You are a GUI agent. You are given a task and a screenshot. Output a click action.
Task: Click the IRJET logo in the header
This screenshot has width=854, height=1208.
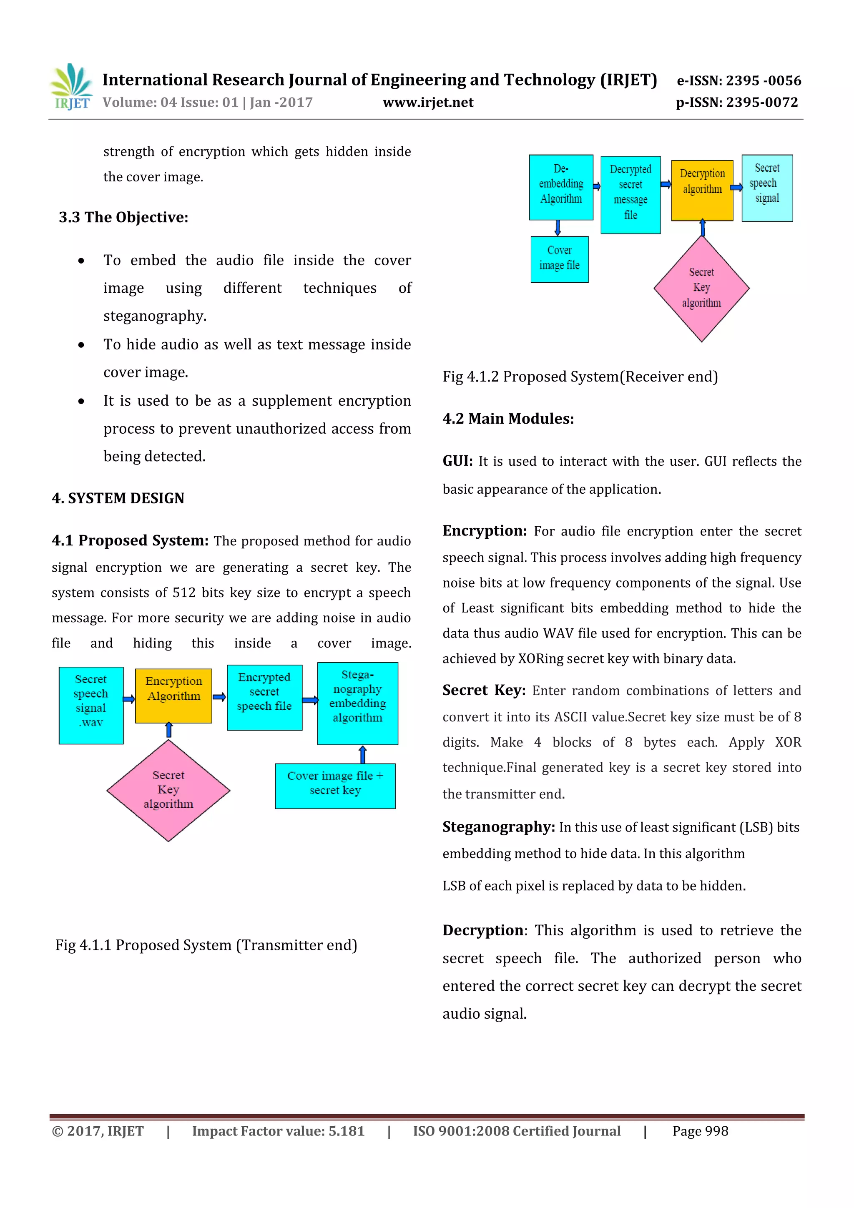[x=71, y=87]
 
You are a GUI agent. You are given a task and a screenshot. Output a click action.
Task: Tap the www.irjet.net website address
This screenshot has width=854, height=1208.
[x=428, y=103]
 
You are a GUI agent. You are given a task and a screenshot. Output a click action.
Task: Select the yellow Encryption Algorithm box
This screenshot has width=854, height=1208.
[x=173, y=696]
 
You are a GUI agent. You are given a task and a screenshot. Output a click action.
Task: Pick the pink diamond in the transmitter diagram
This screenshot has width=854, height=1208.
[x=168, y=790]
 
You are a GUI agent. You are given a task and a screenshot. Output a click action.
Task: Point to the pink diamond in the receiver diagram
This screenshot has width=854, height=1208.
[x=701, y=288]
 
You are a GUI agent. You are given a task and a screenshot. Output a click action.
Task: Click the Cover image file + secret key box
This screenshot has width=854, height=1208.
[x=335, y=786]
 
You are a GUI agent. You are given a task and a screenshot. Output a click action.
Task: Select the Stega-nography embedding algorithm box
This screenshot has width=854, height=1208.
[x=358, y=703]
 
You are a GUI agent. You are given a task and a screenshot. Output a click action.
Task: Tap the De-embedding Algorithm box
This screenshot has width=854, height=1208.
[x=561, y=187]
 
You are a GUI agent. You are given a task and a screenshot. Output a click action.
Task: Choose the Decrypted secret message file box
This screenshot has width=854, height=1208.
[x=630, y=195]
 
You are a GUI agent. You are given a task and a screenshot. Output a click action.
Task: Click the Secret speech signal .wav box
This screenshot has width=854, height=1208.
[x=91, y=705]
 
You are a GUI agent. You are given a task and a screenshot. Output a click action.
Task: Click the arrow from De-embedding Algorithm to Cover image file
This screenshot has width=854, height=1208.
[x=558, y=228]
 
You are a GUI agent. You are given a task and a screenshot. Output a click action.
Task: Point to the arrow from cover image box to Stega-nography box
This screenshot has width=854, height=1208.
[x=362, y=754]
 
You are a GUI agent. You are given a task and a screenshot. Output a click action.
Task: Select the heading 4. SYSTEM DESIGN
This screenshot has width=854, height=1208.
[x=118, y=498]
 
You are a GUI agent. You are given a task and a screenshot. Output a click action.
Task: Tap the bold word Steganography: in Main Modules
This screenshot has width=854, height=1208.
[x=498, y=827]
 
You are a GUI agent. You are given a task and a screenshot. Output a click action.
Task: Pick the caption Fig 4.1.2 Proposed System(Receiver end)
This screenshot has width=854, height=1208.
[x=580, y=377]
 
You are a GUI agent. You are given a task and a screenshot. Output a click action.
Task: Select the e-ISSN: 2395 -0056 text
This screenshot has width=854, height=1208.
[x=739, y=80]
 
